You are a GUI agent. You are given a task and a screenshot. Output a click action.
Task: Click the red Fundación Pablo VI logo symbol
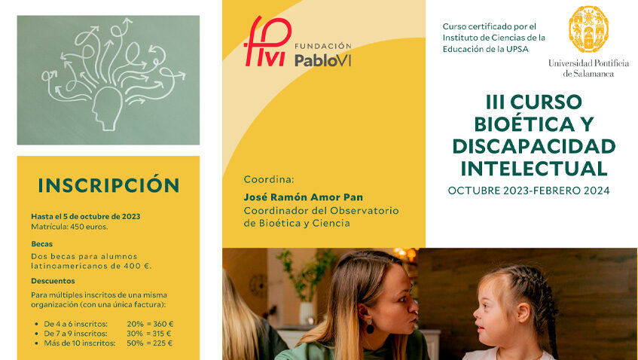pyautogui.click(x=267, y=41)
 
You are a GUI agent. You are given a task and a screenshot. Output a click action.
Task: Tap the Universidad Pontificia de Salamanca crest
pyautogui.click(x=588, y=29)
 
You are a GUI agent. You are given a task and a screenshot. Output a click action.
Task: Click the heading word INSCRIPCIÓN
pyautogui.click(x=108, y=185)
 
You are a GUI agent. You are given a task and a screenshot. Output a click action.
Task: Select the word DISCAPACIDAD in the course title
pyautogui.click(x=534, y=146)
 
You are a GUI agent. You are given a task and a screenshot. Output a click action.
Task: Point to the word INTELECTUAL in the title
pyautogui.click(x=534, y=169)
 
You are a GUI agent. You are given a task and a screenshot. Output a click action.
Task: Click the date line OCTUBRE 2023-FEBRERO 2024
pyautogui.click(x=529, y=191)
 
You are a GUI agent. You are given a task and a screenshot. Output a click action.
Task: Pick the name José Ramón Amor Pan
pyautogui.click(x=303, y=197)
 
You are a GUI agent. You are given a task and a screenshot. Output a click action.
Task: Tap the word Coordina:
pyautogui.click(x=269, y=179)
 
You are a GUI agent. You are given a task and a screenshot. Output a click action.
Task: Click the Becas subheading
pyautogui.click(x=42, y=244)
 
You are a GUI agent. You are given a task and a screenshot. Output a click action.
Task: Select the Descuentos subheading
pyautogui.click(x=53, y=281)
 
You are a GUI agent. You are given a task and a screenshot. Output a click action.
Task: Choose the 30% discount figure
pyautogui.click(x=135, y=334)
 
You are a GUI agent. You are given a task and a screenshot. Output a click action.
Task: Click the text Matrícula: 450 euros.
pyautogui.click(x=69, y=227)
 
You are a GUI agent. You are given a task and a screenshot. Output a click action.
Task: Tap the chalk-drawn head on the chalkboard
pyautogui.click(x=107, y=108)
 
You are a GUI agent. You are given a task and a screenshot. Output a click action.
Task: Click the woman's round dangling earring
pyautogui.click(x=370, y=327)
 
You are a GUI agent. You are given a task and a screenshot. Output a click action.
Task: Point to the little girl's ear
pyautogui.click(x=524, y=313)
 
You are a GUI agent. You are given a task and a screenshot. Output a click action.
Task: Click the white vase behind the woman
pyautogui.click(x=307, y=313)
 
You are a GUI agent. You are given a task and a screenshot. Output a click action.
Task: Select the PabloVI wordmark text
pyautogui.click(x=322, y=60)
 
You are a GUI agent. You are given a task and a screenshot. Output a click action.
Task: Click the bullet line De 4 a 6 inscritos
pyautogui.click(x=75, y=324)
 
